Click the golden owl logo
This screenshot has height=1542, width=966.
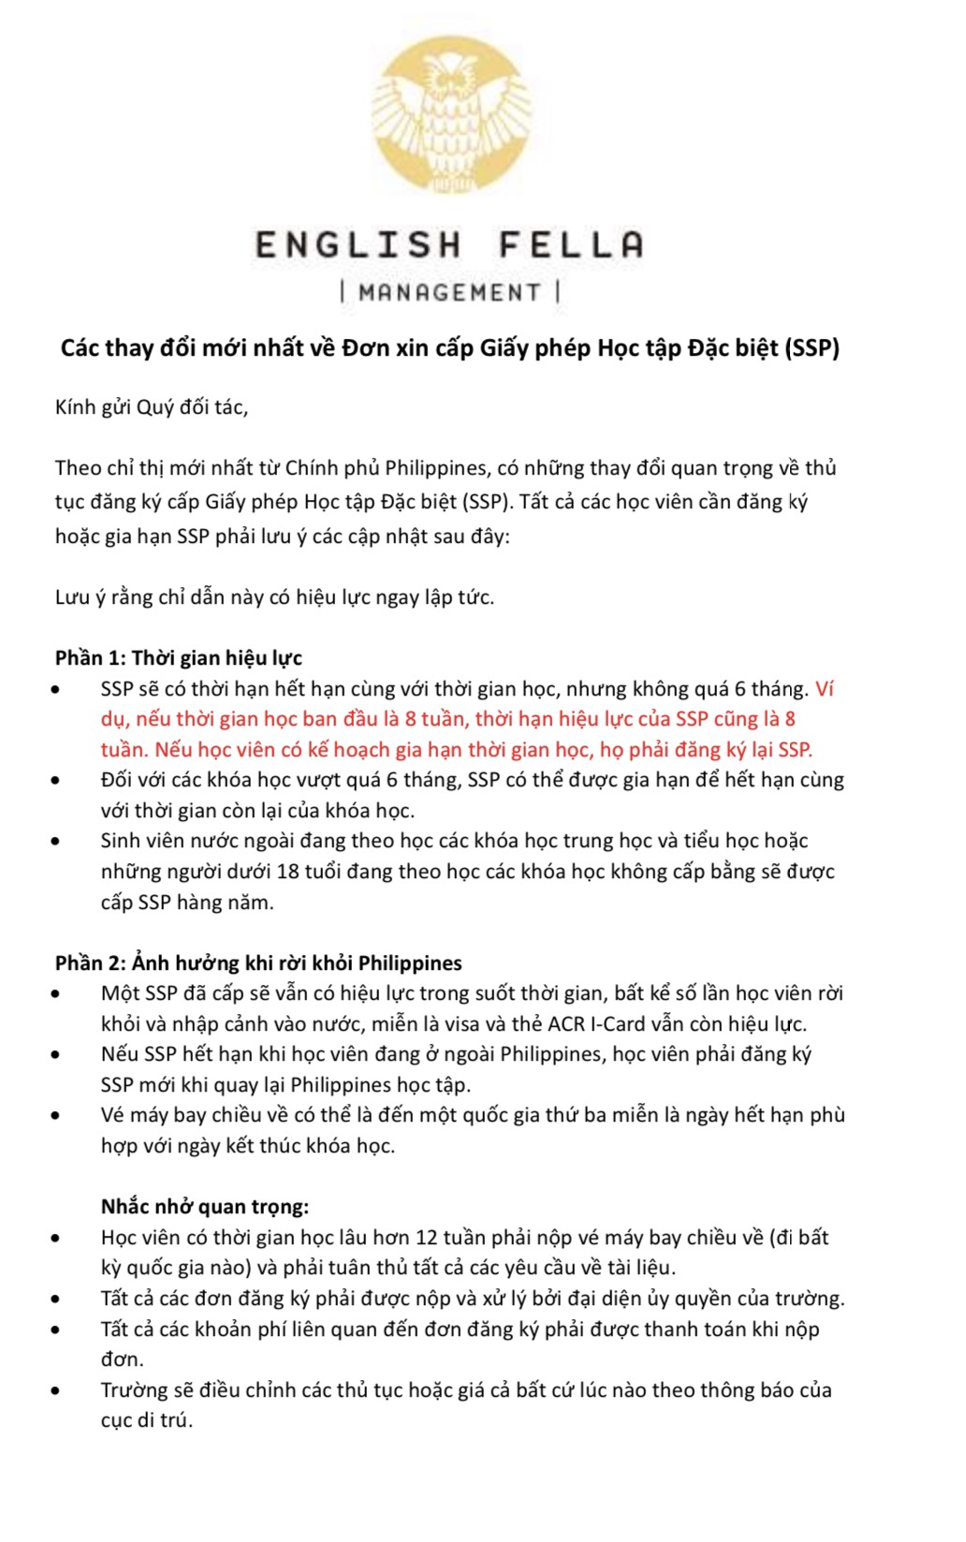pyautogui.click(x=451, y=117)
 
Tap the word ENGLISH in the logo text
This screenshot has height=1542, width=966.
pyautogui.click(x=358, y=245)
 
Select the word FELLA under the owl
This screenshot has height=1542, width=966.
pyautogui.click(x=570, y=245)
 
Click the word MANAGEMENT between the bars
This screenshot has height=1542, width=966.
pyautogui.click(x=449, y=293)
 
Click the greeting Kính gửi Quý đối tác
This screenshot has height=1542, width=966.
pyautogui.click(x=152, y=407)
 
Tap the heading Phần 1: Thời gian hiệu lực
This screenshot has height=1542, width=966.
pyautogui.click(x=178, y=658)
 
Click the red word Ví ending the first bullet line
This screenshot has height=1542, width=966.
pyautogui.click(x=824, y=689)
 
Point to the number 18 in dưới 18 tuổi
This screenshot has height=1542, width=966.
pyautogui.click(x=287, y=872)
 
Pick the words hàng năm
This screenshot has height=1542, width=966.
pyautogui.click(x=231, y=903)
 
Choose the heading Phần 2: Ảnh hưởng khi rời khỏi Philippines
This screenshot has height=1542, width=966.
pyautogui.click(x=258, y=963)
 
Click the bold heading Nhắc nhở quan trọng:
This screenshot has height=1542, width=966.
pyautogui.click(x=205, y=1207)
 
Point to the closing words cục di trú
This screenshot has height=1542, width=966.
pyautogui.click(x=147, y=1420)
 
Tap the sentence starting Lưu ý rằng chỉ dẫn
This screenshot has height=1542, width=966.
pyautogui.click(x=274, y=597)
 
